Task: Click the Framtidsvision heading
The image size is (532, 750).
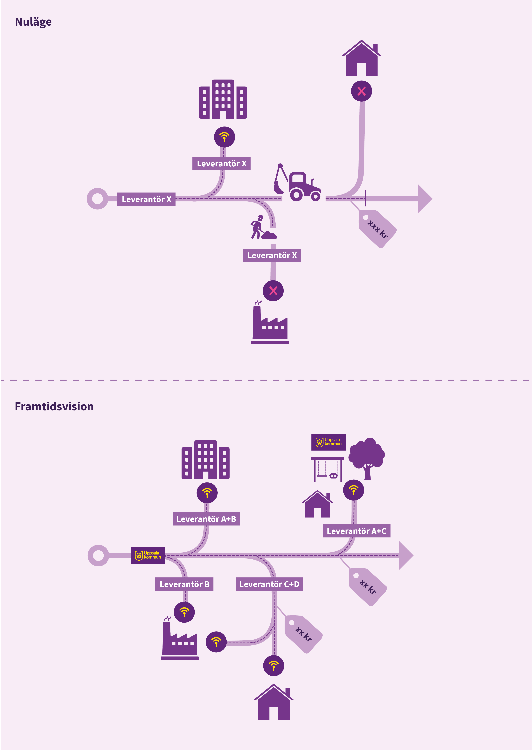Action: click(x=54, y=407)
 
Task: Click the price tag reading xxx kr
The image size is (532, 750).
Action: click(x=377, y=229)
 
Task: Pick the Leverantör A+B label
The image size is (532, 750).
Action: click(x=206, y=519)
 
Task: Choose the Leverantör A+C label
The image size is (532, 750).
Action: click(x=356, y=531)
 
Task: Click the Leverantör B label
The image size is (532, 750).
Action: click(x=184, y=584)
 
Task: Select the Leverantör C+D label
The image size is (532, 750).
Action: click(x=269, y=584)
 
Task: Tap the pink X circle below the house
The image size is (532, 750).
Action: click(x=361, y=91)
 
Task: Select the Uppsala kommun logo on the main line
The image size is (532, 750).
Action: click(x=148, y=555)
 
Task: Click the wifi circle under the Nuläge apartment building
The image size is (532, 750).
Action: click(x=224, y=137)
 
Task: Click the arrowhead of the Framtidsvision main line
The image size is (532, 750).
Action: click(x=406, y=555)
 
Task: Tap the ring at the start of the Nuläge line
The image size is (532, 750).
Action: click(x=97, y=199)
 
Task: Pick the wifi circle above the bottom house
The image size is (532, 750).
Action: click(x=274, y=666)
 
